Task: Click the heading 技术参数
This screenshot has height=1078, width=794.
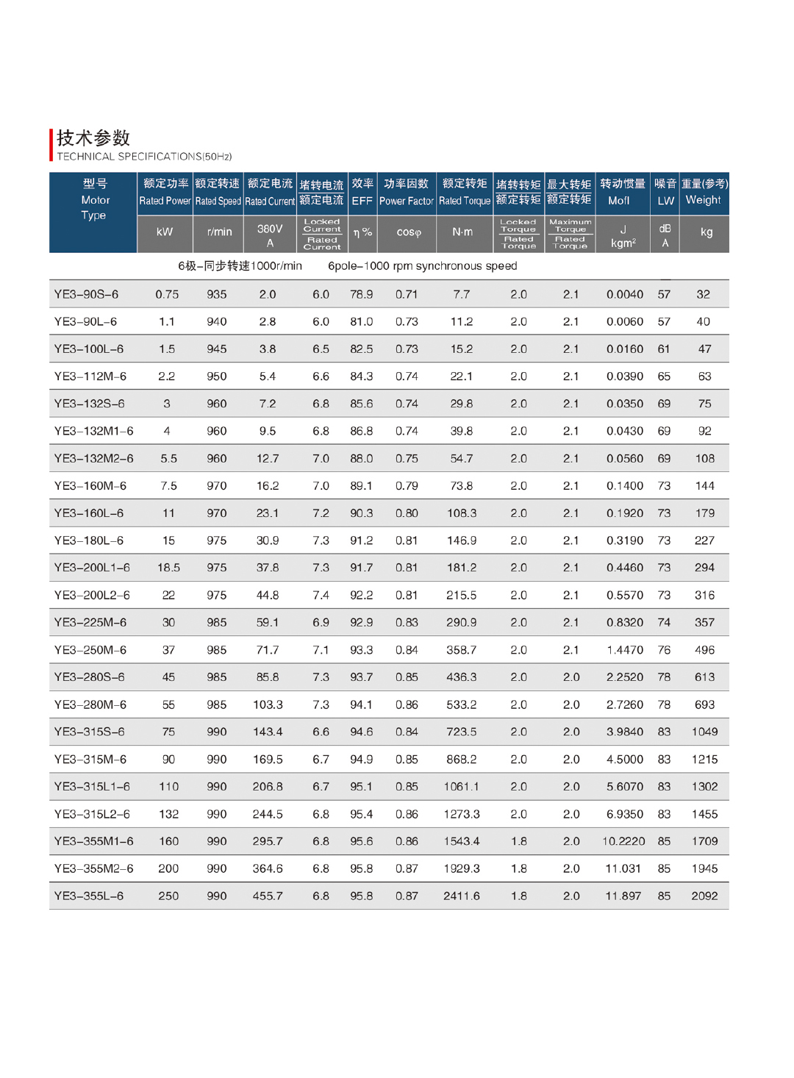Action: (x=93, y=138)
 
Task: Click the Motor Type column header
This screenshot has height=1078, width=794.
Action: (x=94, y=200)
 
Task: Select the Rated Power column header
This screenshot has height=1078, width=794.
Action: (x=165, y=193)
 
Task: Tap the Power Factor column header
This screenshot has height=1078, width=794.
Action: (x=407, y=193)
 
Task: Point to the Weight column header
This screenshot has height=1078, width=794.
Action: (x=704, y=193)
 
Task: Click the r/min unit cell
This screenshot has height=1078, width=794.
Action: (x=219, y=232)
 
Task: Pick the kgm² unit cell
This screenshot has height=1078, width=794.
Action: (x=623, y=236)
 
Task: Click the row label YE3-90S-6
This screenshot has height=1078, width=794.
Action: (x=86, y=294)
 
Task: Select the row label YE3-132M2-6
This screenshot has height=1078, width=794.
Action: (x=93, y=458)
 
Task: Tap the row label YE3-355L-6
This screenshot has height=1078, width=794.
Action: (x=89, y=896)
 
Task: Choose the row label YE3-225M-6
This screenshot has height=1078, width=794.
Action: (x=90, y=622)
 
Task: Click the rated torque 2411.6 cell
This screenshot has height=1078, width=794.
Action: (x=462, y=896)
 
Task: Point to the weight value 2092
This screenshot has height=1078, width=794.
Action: (x=704, y=896)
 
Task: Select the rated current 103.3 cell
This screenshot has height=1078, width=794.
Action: (x=268, y=704)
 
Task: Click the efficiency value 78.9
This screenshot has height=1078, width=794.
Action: (x=361, y=294)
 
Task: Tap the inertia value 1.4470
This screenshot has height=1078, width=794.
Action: (x=624, y=650)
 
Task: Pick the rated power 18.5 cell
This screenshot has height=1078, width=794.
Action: (x=168, y=568)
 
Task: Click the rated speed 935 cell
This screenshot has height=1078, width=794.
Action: (x=217, y=294)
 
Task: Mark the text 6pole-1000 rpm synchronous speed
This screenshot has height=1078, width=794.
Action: (x=422, y=266)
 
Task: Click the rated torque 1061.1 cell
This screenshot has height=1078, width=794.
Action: (x=462, y=786)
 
